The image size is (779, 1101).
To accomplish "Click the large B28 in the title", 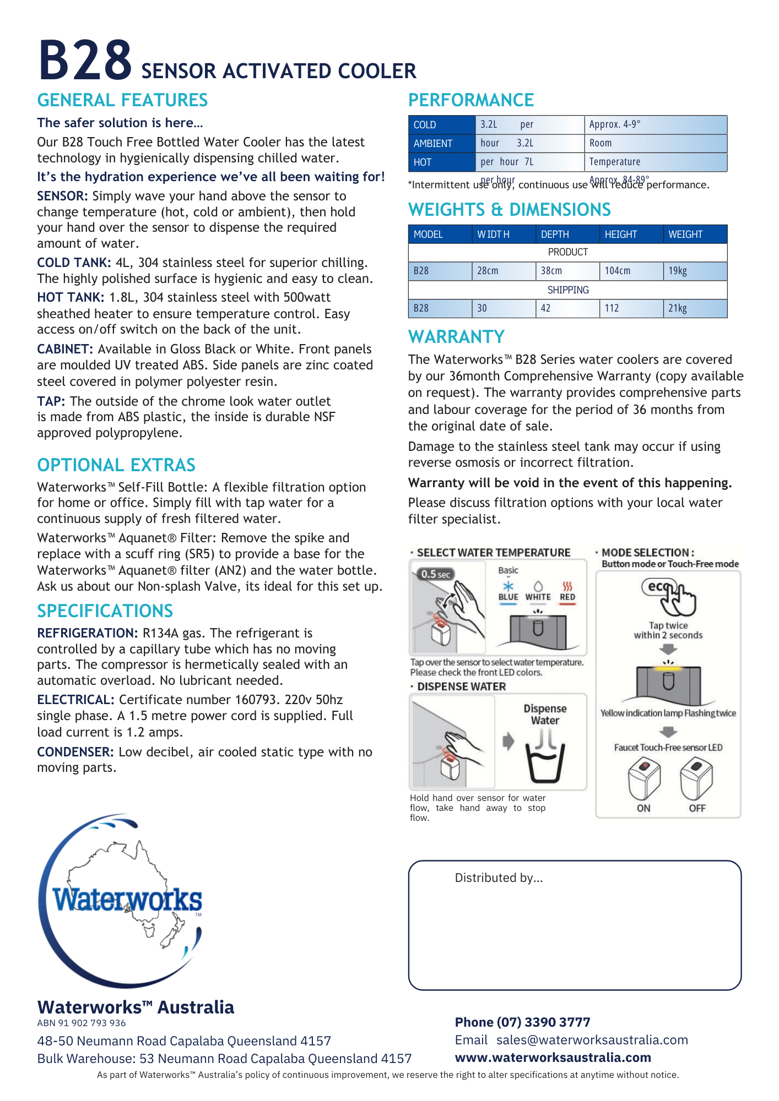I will click(85, 61).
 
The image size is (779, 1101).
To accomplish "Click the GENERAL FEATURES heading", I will click(122, 100).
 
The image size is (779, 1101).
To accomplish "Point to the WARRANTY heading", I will click(456, 337).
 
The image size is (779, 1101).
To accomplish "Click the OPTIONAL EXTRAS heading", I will click(116, 465).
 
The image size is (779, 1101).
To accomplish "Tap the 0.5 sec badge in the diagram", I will click(435, 574).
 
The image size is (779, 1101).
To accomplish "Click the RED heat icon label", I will click(567, 592).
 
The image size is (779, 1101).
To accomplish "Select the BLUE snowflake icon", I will click(508, 587).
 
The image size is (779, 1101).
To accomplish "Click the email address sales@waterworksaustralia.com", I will click(592, 1040).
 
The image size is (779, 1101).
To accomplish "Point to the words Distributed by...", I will click(499, 878).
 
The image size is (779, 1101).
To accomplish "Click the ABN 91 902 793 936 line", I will click(82, 1023).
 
